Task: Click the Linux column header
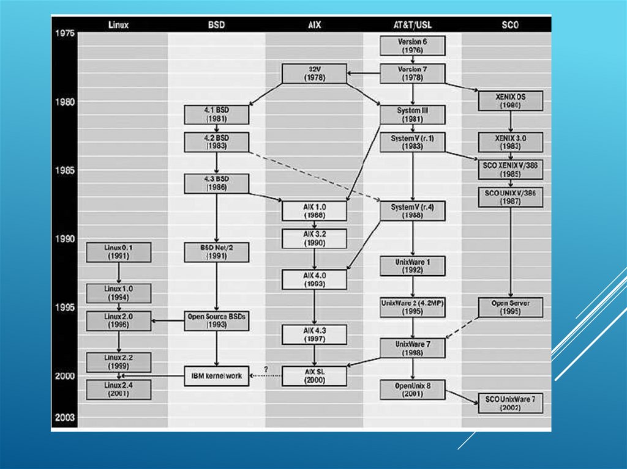[118, 25]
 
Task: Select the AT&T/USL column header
[411, 25]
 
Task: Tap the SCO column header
[509, 25]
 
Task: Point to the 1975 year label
[64, 33]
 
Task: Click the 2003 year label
[64, 418]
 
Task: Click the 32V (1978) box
[314, 73]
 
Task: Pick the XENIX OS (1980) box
[510, 101]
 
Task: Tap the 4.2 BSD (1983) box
[216, 142]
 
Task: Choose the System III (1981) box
[412, 115]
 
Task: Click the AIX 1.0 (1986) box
[314, 211]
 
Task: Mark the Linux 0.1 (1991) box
[118, 252]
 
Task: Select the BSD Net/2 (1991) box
[216, 252]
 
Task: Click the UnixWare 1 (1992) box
[412, 266]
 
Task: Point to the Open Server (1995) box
[510, 307]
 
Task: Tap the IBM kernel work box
[216, 375]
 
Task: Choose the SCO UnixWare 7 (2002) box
[510, 403]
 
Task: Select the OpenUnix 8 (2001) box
[412, 390]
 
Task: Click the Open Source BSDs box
[216, 320]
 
